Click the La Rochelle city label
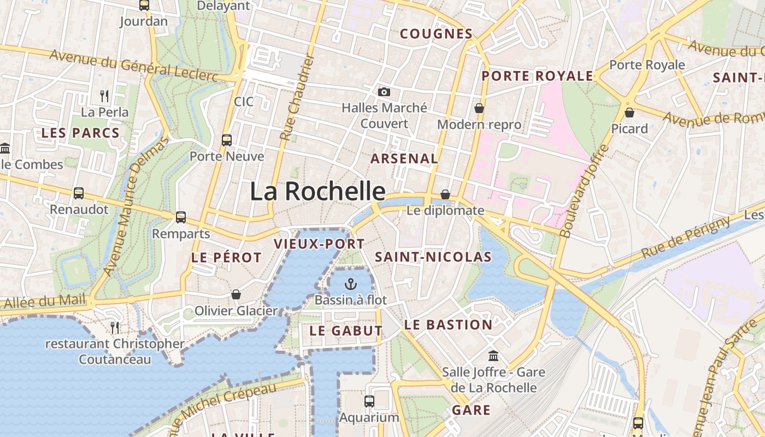point(317,191)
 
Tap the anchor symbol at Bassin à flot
point(351,284)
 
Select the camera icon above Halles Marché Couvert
point(384,92)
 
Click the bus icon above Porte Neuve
point(227,140)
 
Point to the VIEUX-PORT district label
point(319,244)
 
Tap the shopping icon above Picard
point(629,113)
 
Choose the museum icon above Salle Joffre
point(493,356)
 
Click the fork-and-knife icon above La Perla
point(104,96)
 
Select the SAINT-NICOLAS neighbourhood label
point(433,257)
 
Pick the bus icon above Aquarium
point(369,401)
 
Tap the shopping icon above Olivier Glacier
point(236,294)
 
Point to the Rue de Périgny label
point(686,238)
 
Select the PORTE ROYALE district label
point(537,76)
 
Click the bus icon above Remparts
point(181,217)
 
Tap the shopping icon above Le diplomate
point(445,194)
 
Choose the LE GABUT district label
point(346,330)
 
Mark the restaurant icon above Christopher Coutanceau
point(115,327)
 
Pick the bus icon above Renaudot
point(79,193)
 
